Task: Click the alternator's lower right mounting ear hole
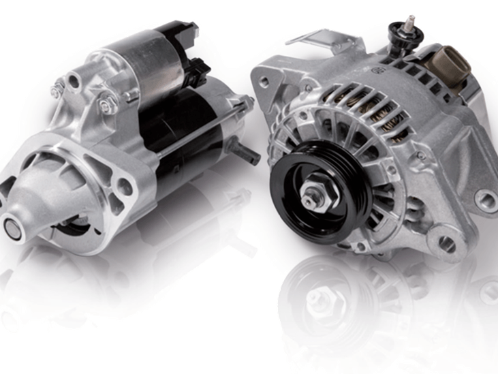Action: click(x=485, y=200)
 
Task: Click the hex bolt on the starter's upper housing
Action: click(x=107, y=106)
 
